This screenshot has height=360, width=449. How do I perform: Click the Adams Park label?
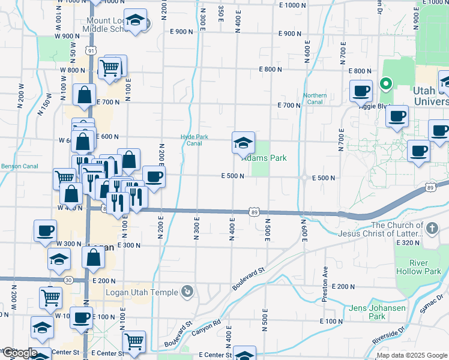(x=265, y=158)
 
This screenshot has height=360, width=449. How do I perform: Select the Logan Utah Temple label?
(x=142, y=292)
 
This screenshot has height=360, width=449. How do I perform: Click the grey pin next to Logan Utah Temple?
(x=188, y=292)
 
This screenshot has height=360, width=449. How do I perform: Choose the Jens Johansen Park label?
(x=378, y=312)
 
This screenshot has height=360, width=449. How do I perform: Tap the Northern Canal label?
(x=315, y=98)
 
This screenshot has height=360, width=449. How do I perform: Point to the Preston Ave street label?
(x=325, y=276)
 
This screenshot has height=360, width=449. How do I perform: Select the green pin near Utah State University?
(x=387, y=84)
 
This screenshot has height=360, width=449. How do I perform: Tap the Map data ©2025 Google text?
(x=412, y=355)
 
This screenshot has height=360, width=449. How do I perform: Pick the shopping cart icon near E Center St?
(x=134, y=342)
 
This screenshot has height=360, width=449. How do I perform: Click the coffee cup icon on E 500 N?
(x=154, y=177)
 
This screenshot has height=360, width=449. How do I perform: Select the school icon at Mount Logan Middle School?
(x=136, y=20)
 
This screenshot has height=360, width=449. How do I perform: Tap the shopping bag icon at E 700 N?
(x=84, y=95)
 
